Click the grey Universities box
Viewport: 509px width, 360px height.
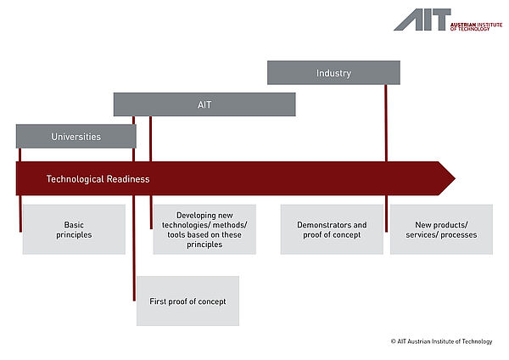point(76,136)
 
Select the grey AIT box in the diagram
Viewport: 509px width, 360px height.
point(204,104)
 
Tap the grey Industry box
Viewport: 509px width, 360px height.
point(333,73)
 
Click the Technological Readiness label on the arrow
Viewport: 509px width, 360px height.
point(98,179)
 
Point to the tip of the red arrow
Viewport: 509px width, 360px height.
point(454,179)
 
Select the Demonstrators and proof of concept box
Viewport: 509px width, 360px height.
point(332,229)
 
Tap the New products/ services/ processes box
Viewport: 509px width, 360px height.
point(441,229)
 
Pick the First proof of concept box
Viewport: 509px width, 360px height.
point(187,301)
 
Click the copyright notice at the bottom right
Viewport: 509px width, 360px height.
point(441,341)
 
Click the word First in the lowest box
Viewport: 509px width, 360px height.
point(159,301)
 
